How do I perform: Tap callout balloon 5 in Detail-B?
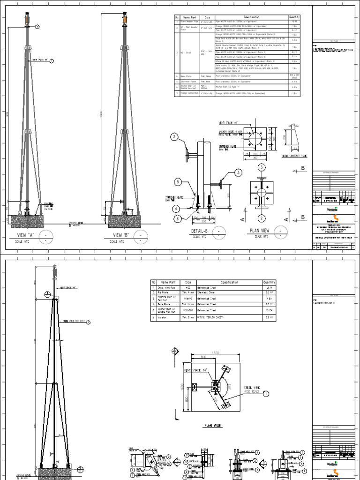pyautogui.click(x=178, y=181)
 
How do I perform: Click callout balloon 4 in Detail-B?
pyautogui.click(x=176, y=208)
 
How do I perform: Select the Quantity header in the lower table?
pyautogui.click(x=296, y=283)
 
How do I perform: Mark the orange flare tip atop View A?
pyautogui.click(x=26, y=19)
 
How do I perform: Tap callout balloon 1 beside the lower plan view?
pyautogui.click(x=266, y=395)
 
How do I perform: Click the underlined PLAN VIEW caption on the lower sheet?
pyautogui.click(x=212, y=426)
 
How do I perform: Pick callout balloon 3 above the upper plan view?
pyautogui.click(x=262, y=167)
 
